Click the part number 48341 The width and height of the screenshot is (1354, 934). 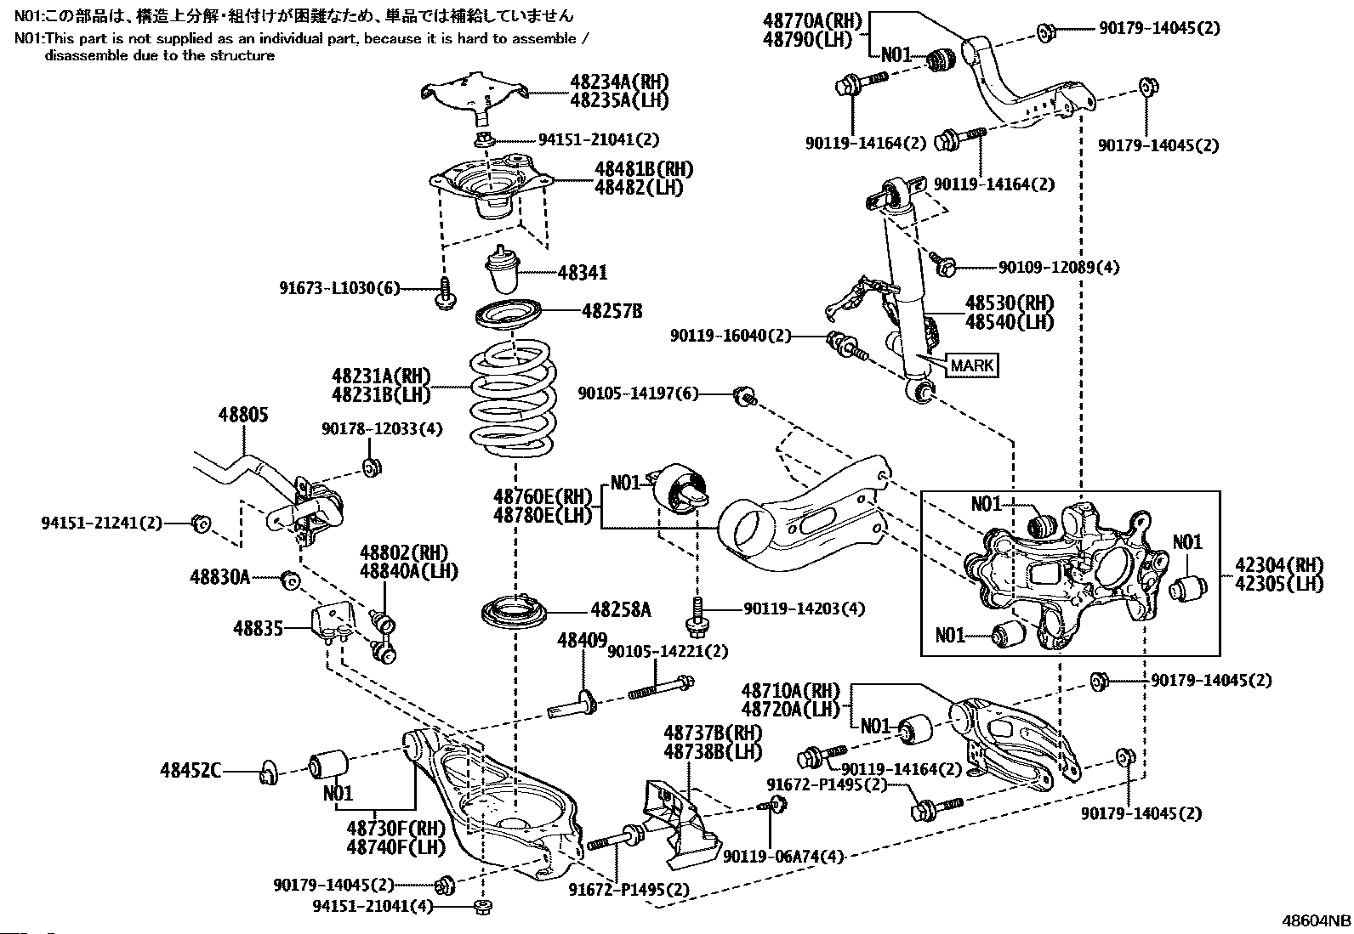click(583, 273)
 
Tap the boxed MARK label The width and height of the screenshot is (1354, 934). click(972, 365)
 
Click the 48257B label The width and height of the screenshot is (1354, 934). click(612, 311)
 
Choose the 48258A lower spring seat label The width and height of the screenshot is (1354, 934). click(620, 609)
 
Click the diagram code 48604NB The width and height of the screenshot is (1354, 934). click(1317, 920)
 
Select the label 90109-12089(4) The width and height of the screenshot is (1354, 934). click(1058, 268)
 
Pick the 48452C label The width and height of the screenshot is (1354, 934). click(190, 772)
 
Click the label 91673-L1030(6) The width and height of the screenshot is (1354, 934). click(339, 288)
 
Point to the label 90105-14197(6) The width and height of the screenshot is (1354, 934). click(638, 393)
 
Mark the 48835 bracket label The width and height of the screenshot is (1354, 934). click(259, 628)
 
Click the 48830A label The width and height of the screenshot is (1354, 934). click(219, 578)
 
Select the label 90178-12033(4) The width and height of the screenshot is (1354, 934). click(382, 429)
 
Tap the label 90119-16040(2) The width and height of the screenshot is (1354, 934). click(730, 337)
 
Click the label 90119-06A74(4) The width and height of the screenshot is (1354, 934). click(782, 857)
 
